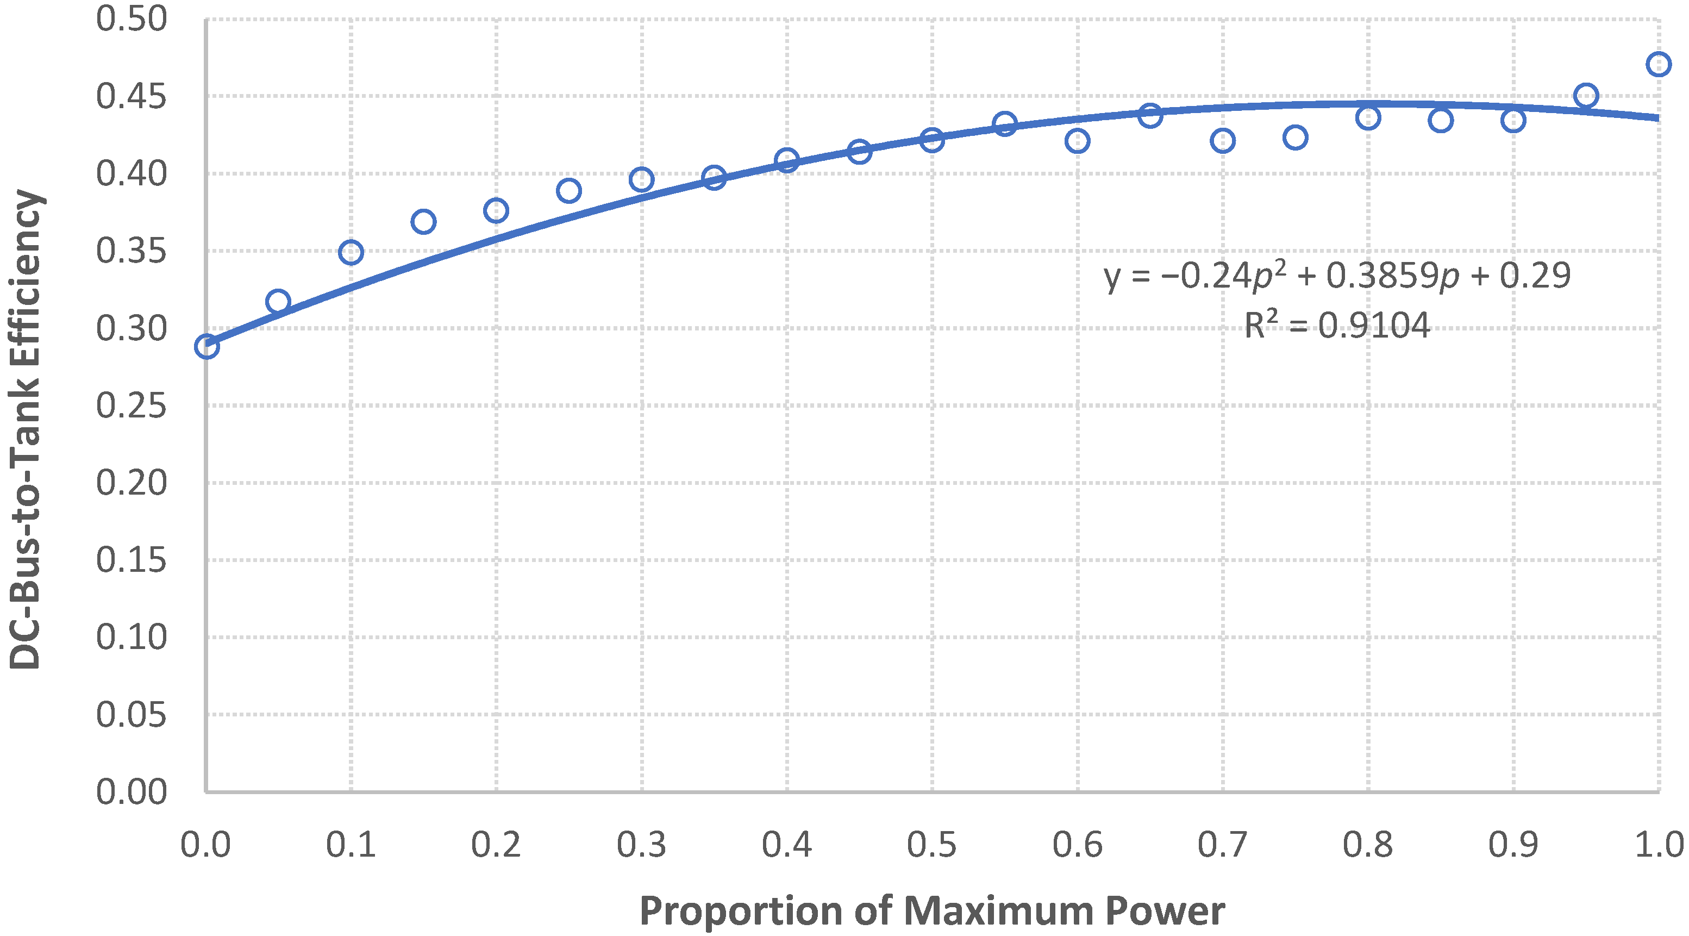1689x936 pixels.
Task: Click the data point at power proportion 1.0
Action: point(1658,64)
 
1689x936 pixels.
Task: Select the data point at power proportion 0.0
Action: point(207,346)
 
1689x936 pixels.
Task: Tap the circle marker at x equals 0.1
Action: point(352,252)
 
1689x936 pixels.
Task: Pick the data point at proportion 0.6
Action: point(1077,140)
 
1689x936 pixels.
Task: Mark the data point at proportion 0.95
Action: point(1585,96)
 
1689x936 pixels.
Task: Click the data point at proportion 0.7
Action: point(1223,140)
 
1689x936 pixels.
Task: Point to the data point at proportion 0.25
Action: point(569,191)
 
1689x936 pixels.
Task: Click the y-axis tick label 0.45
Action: point(131,97)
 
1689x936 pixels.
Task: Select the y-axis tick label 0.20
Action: point(131,483)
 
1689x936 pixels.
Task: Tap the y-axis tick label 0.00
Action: point(131,792)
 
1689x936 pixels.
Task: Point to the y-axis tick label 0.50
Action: point(131,20)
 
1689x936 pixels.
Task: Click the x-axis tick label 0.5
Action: point(931,844)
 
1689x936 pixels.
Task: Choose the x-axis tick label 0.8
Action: point(1368,844)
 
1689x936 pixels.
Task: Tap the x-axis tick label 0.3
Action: point(641,844)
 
